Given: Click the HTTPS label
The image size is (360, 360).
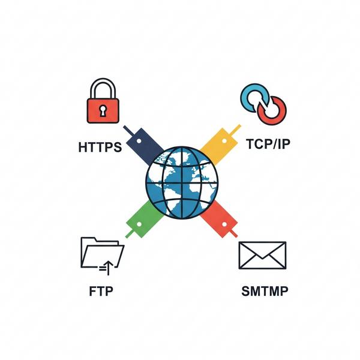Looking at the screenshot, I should [100, 147].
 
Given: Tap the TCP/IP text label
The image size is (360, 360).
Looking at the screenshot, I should [265, 145].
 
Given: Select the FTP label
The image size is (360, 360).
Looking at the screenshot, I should [101, 292].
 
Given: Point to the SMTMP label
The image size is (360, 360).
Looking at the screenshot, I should [264, 292].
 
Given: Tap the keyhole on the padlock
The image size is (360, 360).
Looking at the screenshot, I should [104, 111].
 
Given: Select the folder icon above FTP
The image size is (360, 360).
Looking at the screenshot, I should [102, 253].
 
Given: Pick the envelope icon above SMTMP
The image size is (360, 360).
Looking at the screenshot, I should [263, 254].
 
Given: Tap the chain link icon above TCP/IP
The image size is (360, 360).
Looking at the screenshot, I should [263, 103].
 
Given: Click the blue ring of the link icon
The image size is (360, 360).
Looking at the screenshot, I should [254, 97].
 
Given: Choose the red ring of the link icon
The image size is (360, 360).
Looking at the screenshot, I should [273, 109].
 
